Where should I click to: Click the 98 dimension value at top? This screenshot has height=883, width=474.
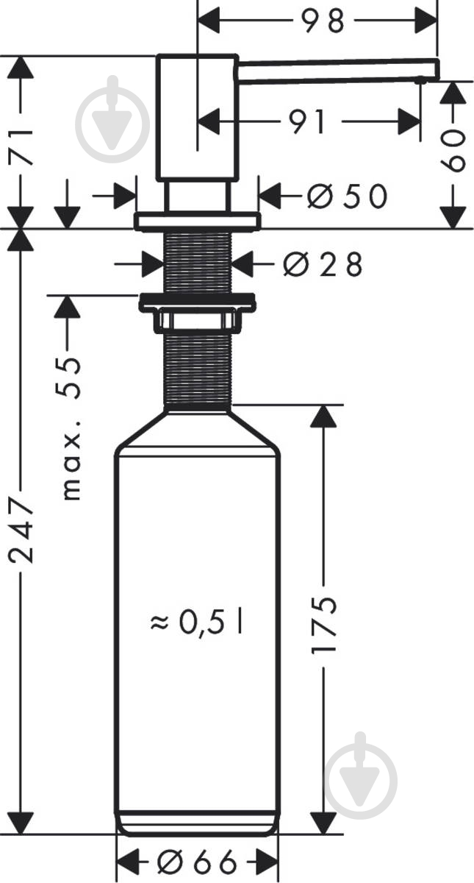point(323,21)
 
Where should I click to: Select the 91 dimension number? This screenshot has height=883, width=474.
point(307,122)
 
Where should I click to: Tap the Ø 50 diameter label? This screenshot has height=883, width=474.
point(347,196)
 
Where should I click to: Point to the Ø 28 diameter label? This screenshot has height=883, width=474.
point(323,264)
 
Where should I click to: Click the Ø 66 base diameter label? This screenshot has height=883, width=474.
point(197,862)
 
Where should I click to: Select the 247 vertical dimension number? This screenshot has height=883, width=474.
point(21,531)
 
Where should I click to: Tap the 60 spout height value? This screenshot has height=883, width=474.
point(453,151)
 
